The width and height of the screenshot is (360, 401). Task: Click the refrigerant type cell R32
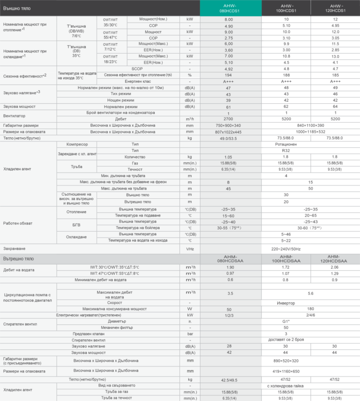[285, 150]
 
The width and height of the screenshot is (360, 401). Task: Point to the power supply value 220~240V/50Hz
[285, 249]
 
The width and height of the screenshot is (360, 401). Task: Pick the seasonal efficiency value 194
[228, 75]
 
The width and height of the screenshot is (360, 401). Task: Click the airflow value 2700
[228, 119]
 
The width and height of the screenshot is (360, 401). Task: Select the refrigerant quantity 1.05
[228, 157]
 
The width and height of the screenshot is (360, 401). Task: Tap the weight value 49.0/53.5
[228, 138]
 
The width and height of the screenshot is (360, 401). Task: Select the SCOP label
[137, 69]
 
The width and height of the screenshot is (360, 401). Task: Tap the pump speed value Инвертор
[285, 303]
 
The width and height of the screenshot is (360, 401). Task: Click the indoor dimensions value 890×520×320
[285, 360]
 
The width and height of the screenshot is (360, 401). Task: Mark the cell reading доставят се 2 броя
[285, 340]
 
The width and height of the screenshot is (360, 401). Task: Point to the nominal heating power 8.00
[228, 19]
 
